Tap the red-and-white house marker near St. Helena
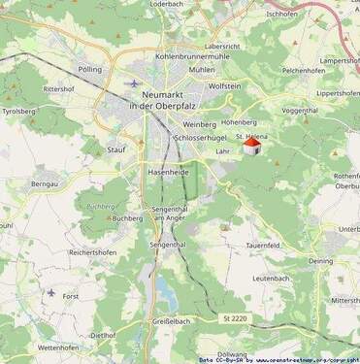click(251, 147)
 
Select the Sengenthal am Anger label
click(176, 215)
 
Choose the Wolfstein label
click(225, 86)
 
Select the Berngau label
click(45, 183)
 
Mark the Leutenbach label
click(271, 279)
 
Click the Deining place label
click(320, 261)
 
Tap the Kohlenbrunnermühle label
click(191, 57)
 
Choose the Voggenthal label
click(300, 111)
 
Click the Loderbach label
click(167, 5)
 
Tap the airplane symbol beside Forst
click(50, 291)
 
